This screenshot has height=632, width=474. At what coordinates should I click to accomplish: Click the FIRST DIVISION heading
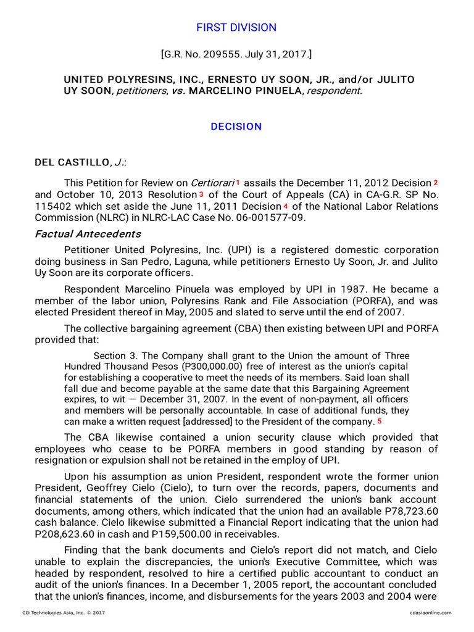click(236, 28)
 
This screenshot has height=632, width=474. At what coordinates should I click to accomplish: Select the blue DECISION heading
click(236, 127)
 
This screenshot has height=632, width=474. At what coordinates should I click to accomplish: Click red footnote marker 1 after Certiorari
click(238, 183)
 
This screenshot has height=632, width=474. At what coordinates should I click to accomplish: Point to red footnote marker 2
click(435, 183)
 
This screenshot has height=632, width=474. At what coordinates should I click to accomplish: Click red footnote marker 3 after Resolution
click(201, 194)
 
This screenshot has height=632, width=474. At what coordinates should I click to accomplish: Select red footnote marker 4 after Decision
click(285, 206)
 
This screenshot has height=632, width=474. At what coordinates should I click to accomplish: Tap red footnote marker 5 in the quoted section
click(380, 421)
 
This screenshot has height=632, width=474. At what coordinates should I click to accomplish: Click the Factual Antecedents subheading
click(88, 234)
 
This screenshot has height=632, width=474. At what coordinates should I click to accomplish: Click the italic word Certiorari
click(212, 183)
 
